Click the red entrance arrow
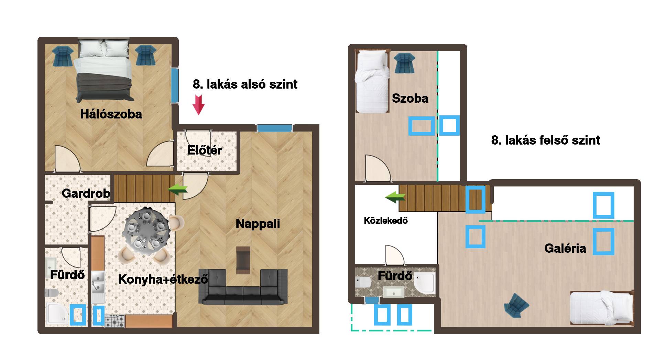point(198,105)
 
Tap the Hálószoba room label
point(111,114)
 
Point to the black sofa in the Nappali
point(243,287)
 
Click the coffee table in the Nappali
point(243,260)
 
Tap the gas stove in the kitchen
point(115,321)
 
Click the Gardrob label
point(86,193)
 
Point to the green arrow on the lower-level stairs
point(178,189)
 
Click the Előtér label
point(205,150)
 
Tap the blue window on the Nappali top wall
point(274,128)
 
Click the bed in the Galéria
point(601,308)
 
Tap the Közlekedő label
point(386,220)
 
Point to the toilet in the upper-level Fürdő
point(363,282)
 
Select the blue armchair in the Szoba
point(404,63)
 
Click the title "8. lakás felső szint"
point(546,140)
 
